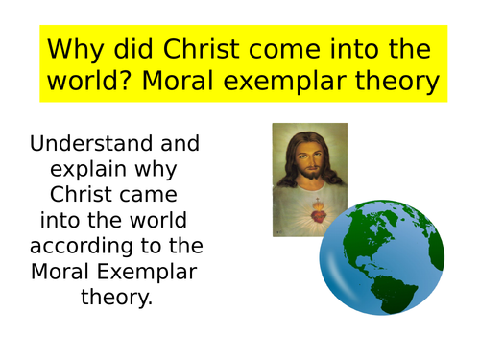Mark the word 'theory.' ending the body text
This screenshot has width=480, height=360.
coord(115,298)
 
